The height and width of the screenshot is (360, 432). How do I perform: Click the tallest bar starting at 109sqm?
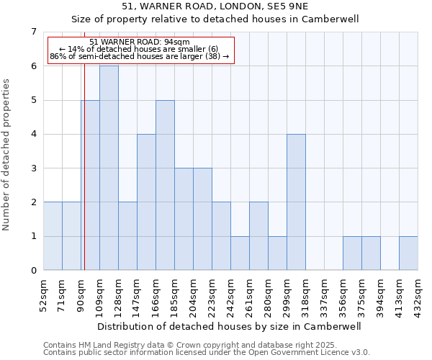click(109, 168)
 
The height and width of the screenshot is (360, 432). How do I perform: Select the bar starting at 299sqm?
click(296, 202)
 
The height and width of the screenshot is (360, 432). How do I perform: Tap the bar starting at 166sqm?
click(165, 185)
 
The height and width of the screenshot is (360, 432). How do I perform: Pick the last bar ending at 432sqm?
click(408, 253)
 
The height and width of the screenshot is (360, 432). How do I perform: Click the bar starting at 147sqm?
click(146, 202)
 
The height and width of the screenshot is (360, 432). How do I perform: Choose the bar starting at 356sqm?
click(352, 253)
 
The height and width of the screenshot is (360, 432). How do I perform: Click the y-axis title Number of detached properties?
click(8, 155)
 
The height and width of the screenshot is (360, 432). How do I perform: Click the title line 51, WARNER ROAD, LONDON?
click(215, 6)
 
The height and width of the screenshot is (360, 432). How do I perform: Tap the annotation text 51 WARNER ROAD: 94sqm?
click(140, 42)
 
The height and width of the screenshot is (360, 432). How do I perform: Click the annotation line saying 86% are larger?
click(140, 56)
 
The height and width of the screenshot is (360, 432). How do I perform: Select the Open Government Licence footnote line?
click(207, 353)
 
